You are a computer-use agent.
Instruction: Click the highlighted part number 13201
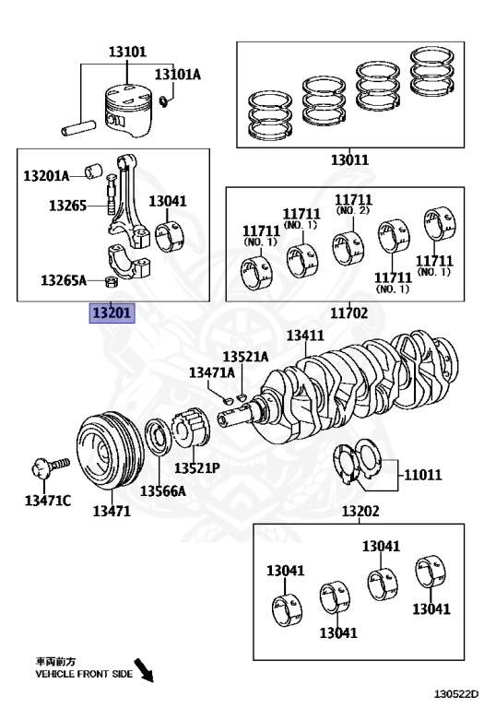tap(112, 313)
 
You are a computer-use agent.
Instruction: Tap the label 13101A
tap(177, 75)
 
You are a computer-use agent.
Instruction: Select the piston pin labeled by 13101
tap(78, 128)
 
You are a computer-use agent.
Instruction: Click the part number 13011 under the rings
tap(350, 159)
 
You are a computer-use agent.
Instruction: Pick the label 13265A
tap(64, 280)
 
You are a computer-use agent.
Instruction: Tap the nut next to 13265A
tap(111, 283)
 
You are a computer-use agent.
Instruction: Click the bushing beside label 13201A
tap(93, 171)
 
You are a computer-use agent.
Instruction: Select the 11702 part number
tap(349, 313)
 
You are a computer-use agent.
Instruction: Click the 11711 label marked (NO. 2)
tap(353, 204)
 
